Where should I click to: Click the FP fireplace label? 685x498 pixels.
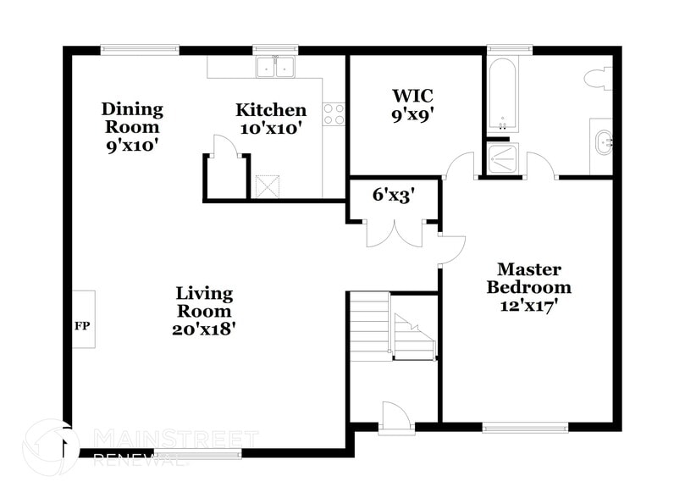point(82,325)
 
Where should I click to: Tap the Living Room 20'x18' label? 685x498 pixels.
point(204,312)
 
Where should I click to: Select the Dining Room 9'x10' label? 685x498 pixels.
point(131,127)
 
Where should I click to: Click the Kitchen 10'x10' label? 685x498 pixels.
point(270,119)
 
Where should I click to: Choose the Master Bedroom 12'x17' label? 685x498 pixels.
point(528,288)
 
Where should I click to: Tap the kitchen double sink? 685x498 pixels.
point(275,67)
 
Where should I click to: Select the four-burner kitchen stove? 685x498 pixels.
point(334,114)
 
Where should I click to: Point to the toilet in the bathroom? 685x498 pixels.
point(598,79)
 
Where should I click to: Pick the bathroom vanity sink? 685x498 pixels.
point(602,142)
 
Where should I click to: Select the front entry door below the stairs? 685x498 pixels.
point(395,418)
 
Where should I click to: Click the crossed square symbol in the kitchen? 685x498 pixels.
point(268,186)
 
